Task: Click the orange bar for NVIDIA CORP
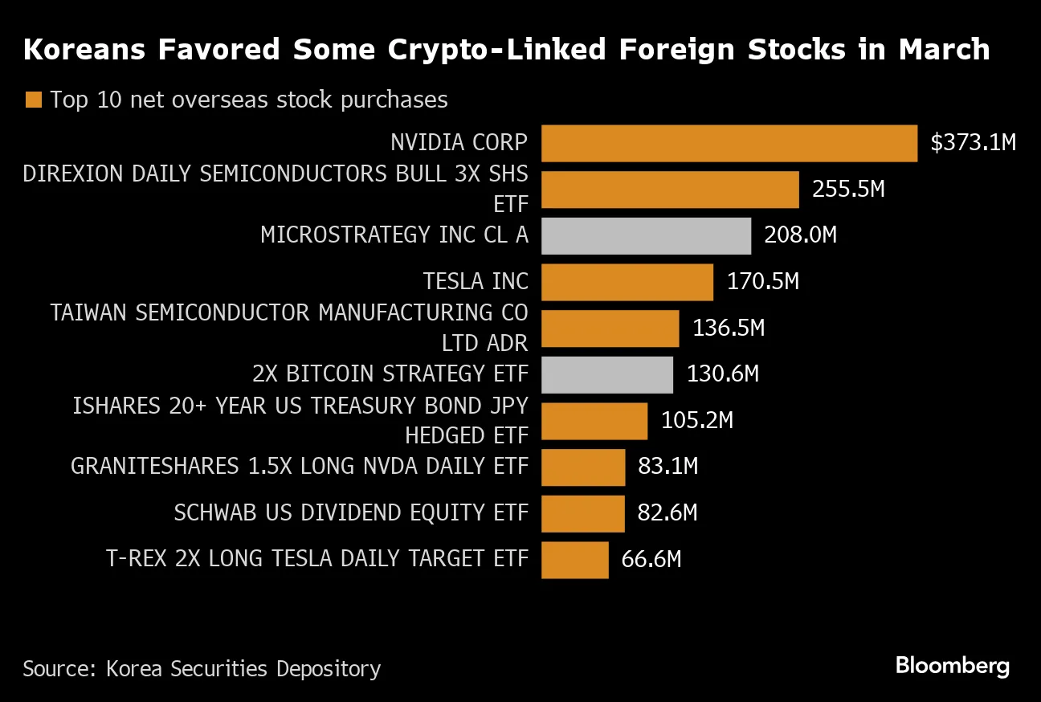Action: tap(729, 144)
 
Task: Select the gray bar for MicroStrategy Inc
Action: tap(646, 236)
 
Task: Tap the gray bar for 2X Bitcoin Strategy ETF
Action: tap(606, 375)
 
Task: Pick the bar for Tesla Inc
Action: tap(627, 283)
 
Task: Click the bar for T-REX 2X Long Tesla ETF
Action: tap(574, 560)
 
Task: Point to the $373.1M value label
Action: tap(973, 143)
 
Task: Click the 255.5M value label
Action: tap(848, 190)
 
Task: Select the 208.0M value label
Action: tap(801, 235)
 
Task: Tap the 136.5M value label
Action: tap(729, 329)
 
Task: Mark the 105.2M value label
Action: tap(697, 421)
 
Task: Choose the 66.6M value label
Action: tap(651, 559)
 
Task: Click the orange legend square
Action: tap(33, 100)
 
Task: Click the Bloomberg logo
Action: tap(952, 666)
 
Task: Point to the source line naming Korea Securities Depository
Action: tap(202, 668)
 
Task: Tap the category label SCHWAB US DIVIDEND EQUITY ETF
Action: tap(351, 513)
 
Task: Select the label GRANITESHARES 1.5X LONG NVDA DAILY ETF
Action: tap(300, 467)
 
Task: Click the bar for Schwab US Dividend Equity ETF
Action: tap(582, 513)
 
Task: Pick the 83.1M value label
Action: tap(667, 467)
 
